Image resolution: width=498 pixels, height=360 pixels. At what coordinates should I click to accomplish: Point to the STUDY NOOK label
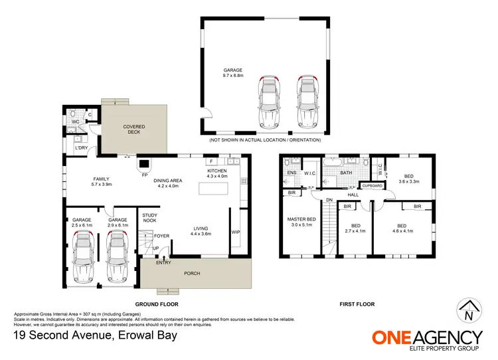tap(149, 217)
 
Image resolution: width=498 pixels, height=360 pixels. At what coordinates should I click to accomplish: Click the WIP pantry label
tap(235, 232)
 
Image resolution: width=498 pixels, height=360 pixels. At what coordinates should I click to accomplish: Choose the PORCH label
tap(192, 273)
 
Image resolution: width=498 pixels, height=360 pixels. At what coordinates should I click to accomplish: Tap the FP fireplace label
tap(144, 175)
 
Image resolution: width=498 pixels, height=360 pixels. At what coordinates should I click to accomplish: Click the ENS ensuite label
tap(291, 173)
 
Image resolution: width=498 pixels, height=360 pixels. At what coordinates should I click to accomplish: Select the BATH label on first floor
tap(345, 173)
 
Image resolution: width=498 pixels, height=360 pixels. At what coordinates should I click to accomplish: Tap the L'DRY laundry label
tap(81, 147)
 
